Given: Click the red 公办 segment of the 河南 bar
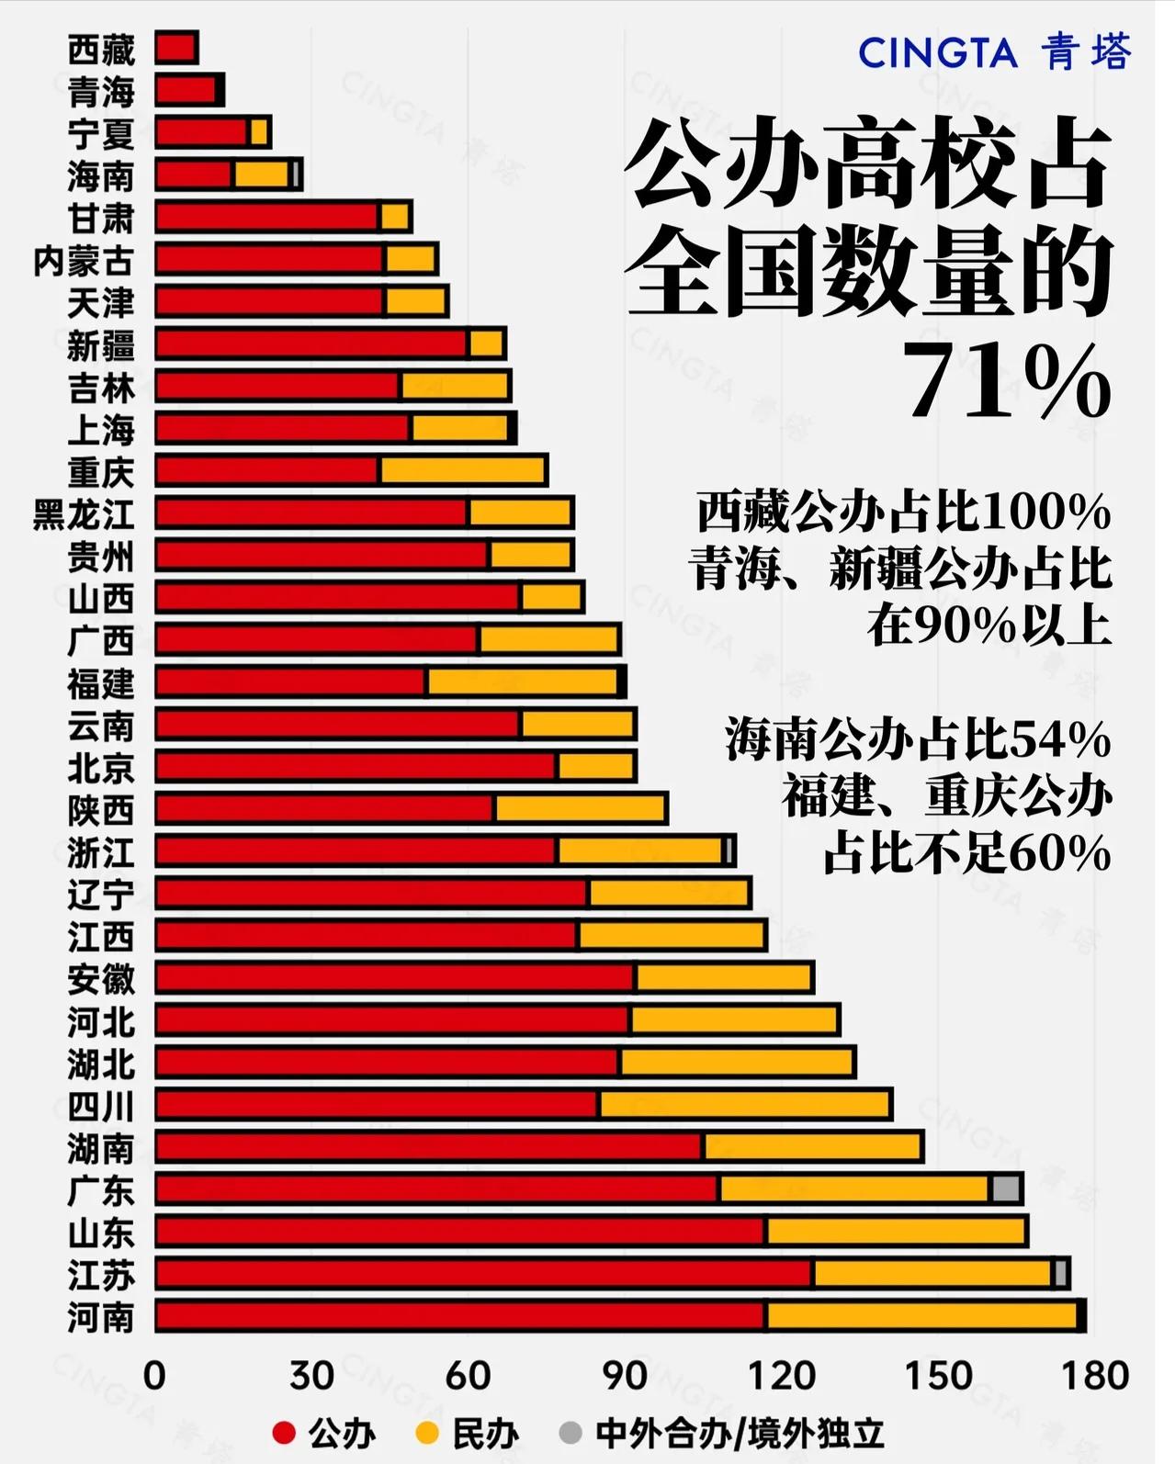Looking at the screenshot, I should (459, 1315).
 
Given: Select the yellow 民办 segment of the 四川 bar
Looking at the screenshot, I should (744, 1104).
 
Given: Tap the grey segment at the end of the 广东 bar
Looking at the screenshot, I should (1006, 1188).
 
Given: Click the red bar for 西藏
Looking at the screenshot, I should (175, 48).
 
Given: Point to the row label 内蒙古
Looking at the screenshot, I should (83, 261).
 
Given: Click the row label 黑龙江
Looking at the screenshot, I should (83, 514).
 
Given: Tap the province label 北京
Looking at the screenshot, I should (100, 768).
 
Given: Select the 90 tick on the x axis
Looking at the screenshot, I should (625, 1376).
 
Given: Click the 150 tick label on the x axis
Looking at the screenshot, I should (938, 1376).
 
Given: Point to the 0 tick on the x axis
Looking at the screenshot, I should (154, 1376).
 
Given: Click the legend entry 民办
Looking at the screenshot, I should (484, 1434).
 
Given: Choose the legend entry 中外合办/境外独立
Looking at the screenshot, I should (740, 1434).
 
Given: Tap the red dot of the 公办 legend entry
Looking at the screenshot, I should (284, 1433).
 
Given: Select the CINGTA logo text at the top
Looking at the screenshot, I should (937, 53).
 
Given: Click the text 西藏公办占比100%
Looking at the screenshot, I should (903, 512).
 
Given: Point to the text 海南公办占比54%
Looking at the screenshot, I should (917, 739).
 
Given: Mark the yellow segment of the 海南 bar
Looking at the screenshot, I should (261, 175).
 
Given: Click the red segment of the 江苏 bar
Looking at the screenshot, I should (483, 1273).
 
